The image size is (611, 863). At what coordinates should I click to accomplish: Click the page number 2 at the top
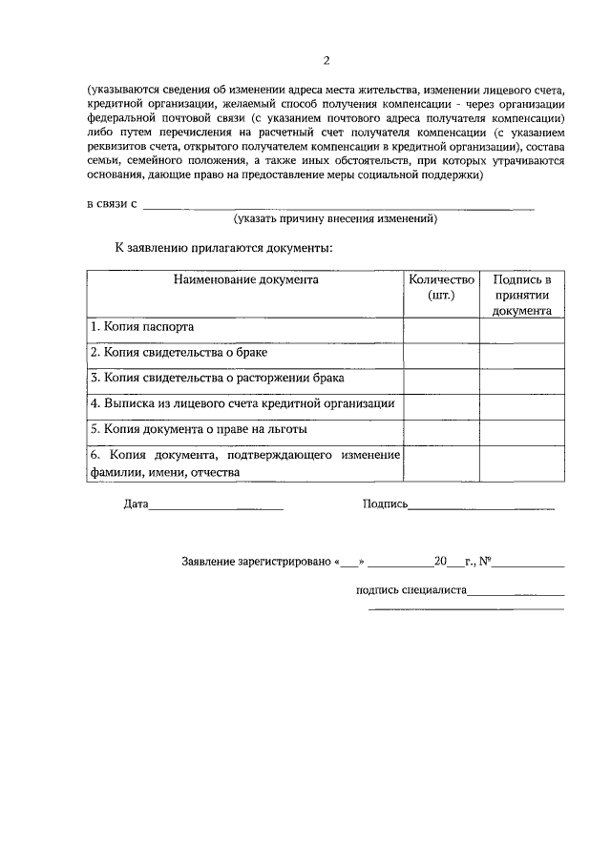point(326,60)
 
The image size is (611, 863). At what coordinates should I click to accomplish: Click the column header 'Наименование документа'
point(245,280)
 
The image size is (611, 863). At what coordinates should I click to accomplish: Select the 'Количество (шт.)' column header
point(440,287)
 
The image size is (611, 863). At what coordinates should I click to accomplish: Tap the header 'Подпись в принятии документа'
point(521,295)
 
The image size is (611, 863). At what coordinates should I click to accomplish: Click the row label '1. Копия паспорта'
point(142,327)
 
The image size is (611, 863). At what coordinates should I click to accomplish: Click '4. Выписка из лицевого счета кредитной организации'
point(242,404)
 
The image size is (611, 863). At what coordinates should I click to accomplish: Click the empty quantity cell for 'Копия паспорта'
point(440,328)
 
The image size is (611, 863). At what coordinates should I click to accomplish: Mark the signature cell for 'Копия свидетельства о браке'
point(521,354)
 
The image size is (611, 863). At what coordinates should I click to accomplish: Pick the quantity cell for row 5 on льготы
point(440,431)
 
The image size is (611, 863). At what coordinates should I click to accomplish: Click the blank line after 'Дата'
point(216,505)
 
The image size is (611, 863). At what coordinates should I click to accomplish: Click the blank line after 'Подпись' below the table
point(481,505)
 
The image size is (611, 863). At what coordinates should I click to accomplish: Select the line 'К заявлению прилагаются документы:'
point(223,248)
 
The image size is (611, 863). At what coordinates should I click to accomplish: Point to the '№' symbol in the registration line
point(485,562)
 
